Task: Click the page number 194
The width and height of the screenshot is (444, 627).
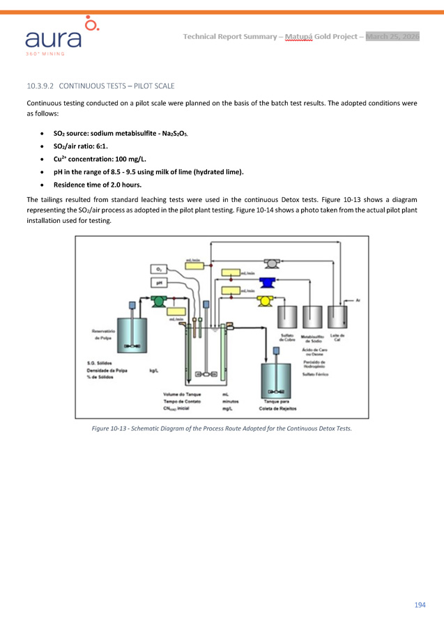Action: tap(419, 605)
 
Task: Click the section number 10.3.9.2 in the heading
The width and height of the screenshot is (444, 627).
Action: tap(40, 86)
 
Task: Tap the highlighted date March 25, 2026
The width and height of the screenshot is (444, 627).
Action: tap(392, 36)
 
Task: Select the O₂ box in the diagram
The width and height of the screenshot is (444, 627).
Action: tap(160, 269)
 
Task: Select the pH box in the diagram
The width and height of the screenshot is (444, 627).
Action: tap(160, 283)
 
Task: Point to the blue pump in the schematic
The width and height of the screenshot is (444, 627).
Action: tap(265, 282)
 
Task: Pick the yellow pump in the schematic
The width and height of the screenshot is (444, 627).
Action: tap(264, 300)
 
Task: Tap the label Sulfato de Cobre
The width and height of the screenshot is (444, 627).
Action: tap(286, 337)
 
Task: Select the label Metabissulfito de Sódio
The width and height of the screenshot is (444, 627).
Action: tap(314, 338)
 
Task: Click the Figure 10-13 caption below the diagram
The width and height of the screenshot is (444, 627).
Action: tap(222, 428)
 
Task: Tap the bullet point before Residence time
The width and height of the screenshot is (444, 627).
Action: tap(45, 185)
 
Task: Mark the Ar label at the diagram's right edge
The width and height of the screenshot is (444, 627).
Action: tap(358, 300)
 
